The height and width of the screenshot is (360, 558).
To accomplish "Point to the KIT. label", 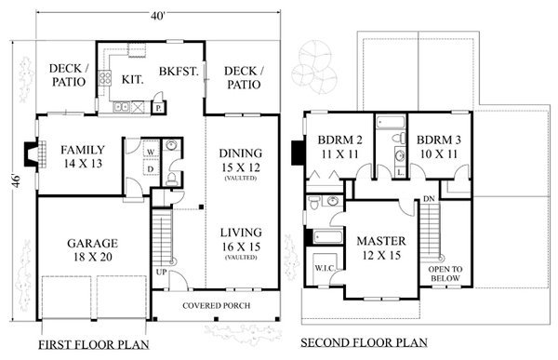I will [x=131, y=81].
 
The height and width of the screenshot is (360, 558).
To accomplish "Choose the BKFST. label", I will [x=179, y=71].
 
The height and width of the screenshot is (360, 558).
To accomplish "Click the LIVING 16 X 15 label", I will [x=240, y=240].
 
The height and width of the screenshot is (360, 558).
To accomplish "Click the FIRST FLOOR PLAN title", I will [x=89, y=342].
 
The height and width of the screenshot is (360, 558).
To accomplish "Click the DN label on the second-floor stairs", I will [x=428, y=199].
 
